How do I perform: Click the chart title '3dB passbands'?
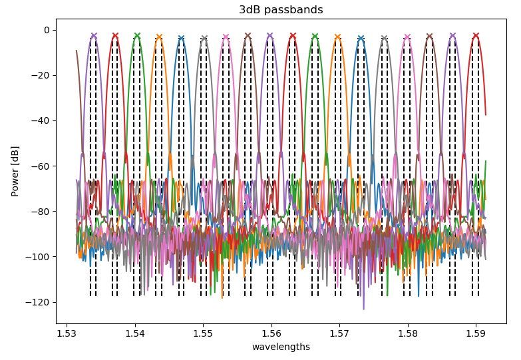point(281,10)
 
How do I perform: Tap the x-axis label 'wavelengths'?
point(281,347)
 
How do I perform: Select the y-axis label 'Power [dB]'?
point(15,171)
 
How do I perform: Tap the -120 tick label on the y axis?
point(38,302)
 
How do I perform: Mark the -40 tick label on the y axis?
point(41,120)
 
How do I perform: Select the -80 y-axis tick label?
point(41,212)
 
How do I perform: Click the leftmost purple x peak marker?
point(94,36)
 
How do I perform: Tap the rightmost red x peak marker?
point(476,36)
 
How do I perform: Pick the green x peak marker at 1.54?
point(137,36)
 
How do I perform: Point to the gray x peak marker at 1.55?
point(204,39)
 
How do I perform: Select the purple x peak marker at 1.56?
point(270,36)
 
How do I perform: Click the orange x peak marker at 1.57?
point(337,37)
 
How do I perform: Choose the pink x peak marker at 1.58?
point(407,37)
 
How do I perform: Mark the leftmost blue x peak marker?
point(181,39)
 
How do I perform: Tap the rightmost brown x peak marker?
point(430,36)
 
